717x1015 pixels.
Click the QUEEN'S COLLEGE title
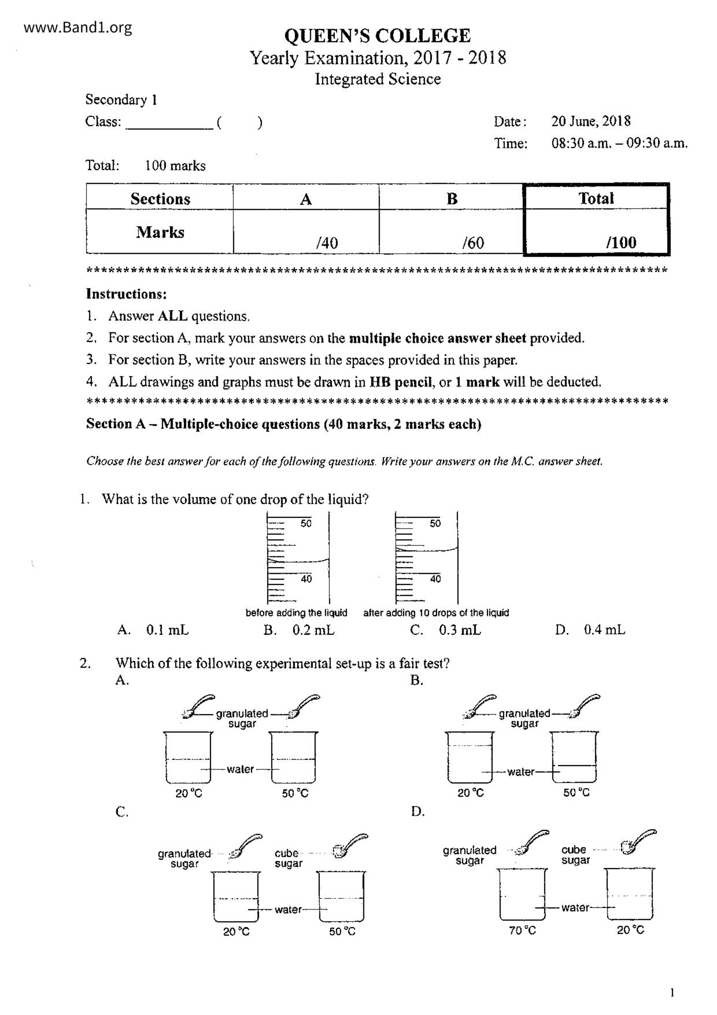pos(377,36)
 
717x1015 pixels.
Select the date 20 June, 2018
pos(590,122)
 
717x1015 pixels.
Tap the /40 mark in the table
pos(327,242)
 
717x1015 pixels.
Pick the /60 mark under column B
pos(473,242)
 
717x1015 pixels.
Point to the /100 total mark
pos(621,242)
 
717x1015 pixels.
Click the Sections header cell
pos(160,198)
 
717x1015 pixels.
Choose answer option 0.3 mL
pos(460,630)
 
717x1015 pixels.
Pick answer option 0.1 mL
pos(167,630)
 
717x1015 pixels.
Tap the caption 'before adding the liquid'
pos(296,613)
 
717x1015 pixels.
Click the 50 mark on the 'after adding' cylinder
pos(435,524)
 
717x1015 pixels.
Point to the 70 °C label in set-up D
pos(522,931)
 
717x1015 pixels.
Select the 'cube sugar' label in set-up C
pos(288,858)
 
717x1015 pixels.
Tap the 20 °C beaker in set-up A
pos(189,757)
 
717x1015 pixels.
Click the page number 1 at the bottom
pos(672,994)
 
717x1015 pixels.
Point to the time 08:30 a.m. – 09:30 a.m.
pos(619,144)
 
